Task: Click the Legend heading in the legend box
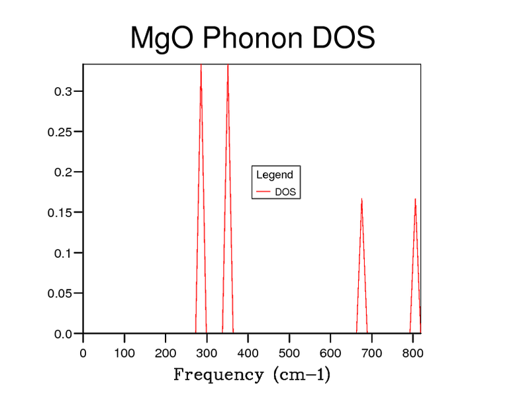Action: (274, 175)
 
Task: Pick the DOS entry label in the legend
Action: (285, 192)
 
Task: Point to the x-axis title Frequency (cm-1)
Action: (252, 375)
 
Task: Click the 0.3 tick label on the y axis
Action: (63, 91)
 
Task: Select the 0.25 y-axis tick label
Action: (60, 132)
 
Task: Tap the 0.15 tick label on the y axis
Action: (60, 212)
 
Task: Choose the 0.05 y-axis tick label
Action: (60, 293)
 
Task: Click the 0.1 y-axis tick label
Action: (63, 253)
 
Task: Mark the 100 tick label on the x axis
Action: (124, 353)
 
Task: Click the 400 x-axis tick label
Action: (248, 353)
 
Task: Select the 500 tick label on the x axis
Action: (289, 353)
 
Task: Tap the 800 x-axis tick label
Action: (412, 353)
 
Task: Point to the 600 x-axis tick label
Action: (330, 353)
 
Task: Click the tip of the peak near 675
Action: (361, 198)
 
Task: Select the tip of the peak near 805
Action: (415, 198)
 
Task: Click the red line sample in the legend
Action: (263, 192)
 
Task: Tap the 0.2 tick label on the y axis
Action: (63, 172)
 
